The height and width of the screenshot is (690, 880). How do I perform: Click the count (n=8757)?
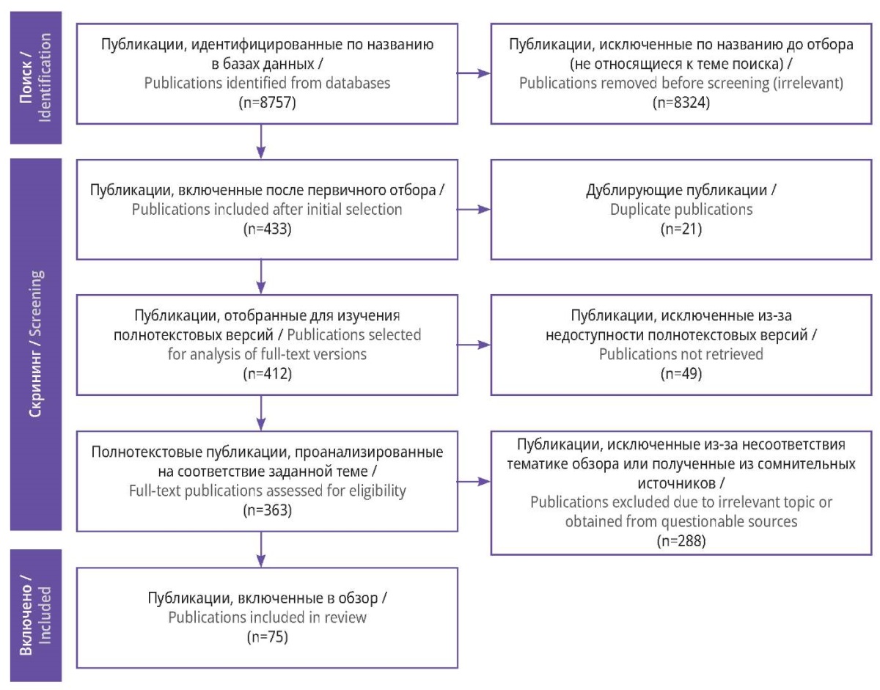tap(267, 103)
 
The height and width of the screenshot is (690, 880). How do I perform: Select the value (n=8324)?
tap(681, 103)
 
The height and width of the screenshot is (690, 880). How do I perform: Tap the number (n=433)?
tap(267, 229)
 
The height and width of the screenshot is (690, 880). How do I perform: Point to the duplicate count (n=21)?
tap(681, 229)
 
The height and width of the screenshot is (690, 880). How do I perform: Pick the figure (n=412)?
tap(267, 373)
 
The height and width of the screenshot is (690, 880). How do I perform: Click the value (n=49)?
tap(681, 373)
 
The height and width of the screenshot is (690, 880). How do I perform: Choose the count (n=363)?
tap(267, 510)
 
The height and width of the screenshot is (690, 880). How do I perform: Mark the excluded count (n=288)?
tap(681, 540)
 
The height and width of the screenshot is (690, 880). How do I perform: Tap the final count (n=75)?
tap(267, 637)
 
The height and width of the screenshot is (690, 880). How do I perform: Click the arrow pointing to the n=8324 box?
tap(474, 73)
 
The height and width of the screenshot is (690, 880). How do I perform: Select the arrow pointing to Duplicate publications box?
tap(474, 210)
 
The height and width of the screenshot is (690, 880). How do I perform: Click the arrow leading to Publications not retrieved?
tap(474, 345)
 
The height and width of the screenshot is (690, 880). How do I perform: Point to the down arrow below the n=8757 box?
tap(261, 142)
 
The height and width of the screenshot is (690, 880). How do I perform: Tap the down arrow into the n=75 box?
tap(261, 549)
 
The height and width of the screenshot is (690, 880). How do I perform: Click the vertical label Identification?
tap(45, 77)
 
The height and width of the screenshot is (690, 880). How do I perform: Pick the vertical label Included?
tap(45, 615)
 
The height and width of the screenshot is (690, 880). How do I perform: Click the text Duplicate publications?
tap(681, 210)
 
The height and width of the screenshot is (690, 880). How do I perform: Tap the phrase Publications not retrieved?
tap(681, 354)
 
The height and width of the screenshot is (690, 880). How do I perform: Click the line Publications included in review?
tap(267, 617)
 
